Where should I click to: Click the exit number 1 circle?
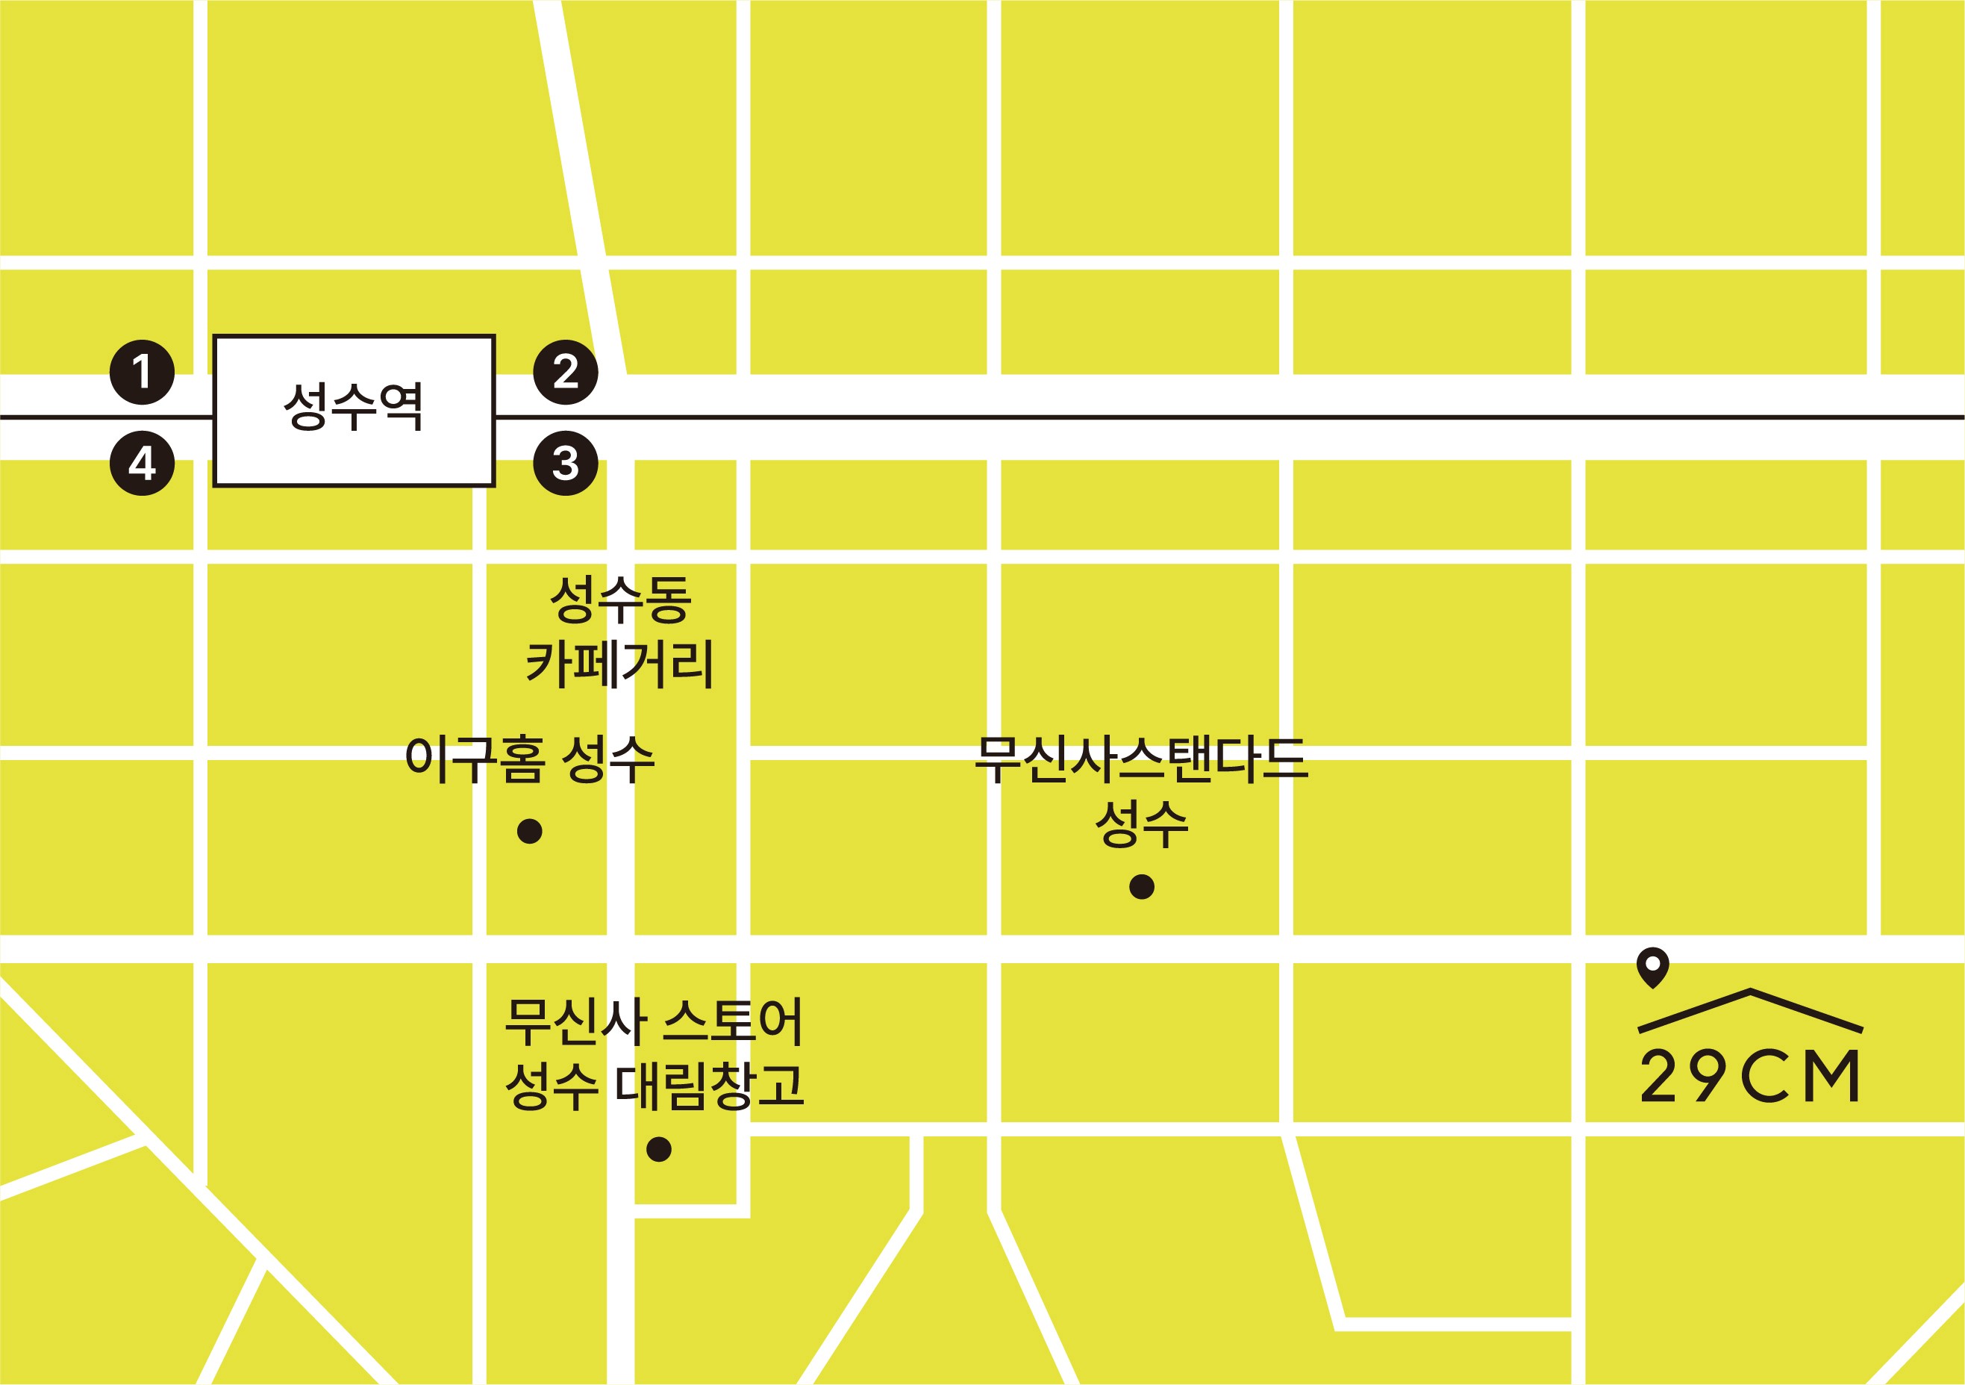tap(142, 373)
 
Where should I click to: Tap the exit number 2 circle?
tap(566, 373)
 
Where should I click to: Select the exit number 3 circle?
tap(566, 463)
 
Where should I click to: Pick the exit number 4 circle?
tap(142, 463)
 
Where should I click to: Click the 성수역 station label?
tap(354, 407)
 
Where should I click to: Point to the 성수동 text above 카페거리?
tap(619, 600)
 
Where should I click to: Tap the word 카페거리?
tap(619, 664)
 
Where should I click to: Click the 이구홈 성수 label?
tap(530, 759)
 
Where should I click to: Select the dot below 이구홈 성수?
tap(530, 831)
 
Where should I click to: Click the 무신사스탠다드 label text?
tap(1142, 759)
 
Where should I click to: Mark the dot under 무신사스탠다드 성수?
tap(1142, 887)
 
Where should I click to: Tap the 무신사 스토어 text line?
tap(654, 1021)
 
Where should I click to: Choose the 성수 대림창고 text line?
tap(654, 1086)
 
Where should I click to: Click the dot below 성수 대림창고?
tap(658, 1149)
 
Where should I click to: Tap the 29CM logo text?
tap(1750, 1075)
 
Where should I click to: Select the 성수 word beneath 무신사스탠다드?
tap(1142, 824)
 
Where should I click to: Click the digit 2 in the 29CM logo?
tap(1658, 1075)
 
